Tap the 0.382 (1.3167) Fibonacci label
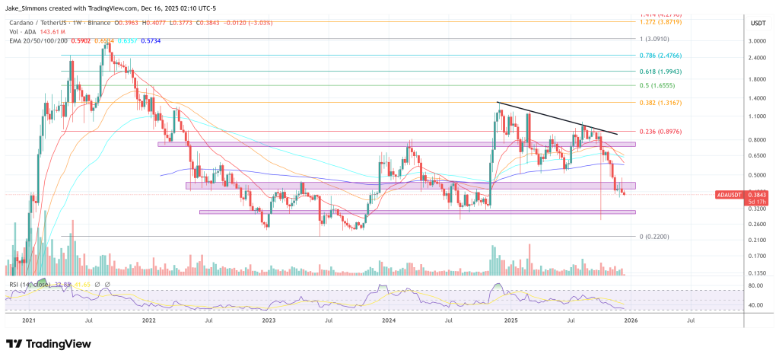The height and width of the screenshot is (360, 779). [659, 103]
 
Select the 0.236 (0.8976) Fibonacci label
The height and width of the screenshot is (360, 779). [659, 130]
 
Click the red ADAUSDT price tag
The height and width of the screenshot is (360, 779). [732, 195]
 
